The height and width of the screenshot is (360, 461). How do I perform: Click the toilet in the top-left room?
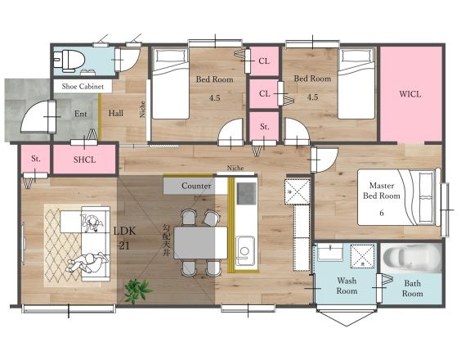click(69, 60)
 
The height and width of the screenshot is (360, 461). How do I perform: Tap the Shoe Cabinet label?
click(83, 87)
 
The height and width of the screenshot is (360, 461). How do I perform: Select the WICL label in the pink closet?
click(410, 94)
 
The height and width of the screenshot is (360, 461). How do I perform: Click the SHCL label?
click(84, 160)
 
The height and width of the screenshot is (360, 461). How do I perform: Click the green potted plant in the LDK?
click(137, 290)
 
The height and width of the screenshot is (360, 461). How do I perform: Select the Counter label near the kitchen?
click(196, 186)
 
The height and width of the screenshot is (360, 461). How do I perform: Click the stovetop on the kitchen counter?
click(246, 193)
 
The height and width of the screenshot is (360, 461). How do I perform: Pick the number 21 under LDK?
click(124, 245)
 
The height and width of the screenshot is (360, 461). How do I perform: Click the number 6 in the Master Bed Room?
click(382, 213)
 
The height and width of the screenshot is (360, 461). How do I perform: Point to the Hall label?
click(116, 114)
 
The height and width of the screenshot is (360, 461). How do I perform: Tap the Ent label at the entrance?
click(80, 114)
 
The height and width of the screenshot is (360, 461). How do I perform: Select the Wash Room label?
click(347, 286)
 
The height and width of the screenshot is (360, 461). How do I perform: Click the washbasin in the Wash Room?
click(330, 252)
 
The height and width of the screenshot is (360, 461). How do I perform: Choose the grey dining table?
click(201, 242)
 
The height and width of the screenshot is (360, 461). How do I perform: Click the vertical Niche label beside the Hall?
click(142, 109)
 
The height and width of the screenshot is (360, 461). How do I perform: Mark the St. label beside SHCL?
click(36, 159)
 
